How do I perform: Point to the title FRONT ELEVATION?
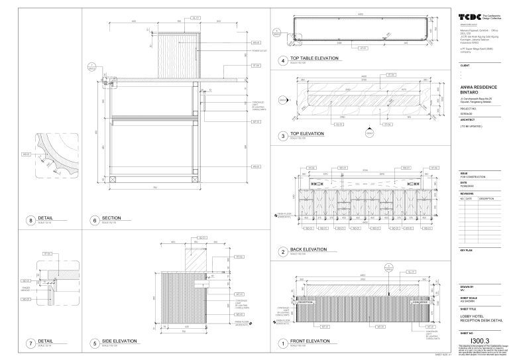point(310,341)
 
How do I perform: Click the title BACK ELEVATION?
point(308,249)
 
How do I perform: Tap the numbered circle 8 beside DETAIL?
point(30,220)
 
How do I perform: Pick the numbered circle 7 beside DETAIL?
point(30,343)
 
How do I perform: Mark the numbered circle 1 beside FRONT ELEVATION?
point(282,343)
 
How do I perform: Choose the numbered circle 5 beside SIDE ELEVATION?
point(94,343)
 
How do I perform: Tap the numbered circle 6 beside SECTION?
point(94,220)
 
